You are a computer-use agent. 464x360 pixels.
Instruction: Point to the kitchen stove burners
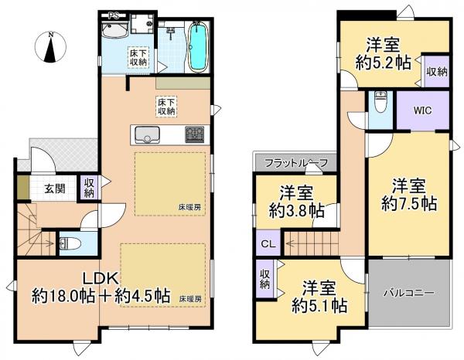195,135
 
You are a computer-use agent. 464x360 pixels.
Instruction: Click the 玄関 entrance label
53,188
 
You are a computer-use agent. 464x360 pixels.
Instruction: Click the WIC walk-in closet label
422,110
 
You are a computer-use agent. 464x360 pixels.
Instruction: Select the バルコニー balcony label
408,294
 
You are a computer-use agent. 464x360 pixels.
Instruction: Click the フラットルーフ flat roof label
295,163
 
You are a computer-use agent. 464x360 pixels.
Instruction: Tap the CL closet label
268,244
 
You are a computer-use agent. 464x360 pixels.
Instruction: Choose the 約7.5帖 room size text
408,204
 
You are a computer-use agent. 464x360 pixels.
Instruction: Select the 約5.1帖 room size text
318,304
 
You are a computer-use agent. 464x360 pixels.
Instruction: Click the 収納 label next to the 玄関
89,188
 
